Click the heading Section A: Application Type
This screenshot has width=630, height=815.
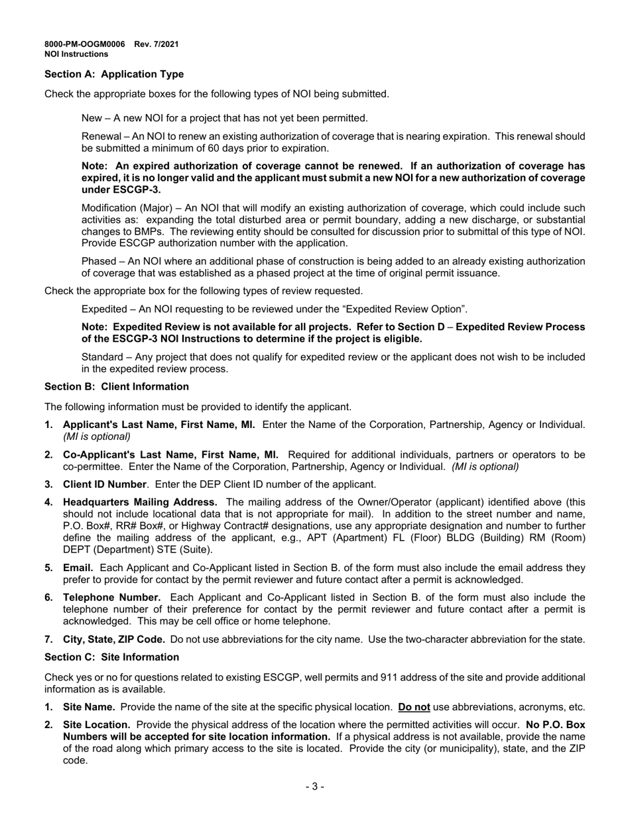(114, 74)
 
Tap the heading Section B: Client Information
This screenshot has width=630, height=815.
(116, 386)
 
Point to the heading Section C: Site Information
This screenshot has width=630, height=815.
(111, 657)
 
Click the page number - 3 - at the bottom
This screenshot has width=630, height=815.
(315, 787)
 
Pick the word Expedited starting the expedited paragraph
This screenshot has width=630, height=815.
(103, 309)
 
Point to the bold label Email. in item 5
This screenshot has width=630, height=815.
(78, 568)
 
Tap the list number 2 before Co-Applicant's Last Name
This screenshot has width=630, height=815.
(48, 455)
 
